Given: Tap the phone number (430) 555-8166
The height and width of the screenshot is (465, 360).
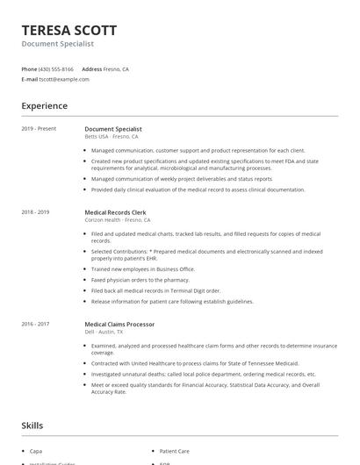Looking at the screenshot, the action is coord(57,68).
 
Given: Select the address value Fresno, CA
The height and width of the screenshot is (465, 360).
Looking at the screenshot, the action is coord(118,68).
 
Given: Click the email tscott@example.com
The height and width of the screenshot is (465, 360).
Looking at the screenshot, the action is coord(64,79).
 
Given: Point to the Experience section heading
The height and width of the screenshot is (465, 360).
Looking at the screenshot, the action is coord(44,106).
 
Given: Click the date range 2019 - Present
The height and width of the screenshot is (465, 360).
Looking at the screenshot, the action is coord(39,129).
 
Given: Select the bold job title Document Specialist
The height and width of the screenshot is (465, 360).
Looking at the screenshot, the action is coord(112,129).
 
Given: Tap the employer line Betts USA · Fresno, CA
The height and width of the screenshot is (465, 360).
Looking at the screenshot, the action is coord(114,136).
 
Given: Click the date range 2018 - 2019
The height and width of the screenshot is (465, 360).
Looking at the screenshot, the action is coord(35,211).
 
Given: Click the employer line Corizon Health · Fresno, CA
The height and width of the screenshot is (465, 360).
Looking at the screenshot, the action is coord(118,219).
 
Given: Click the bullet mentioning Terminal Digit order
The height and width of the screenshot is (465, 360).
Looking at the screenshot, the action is coord(155,290).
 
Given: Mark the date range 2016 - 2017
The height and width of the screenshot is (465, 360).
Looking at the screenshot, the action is coord(35,324).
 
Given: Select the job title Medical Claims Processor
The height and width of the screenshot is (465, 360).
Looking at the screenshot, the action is coord(119,324).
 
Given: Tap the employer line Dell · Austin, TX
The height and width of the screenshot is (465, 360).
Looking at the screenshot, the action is coord(104,332).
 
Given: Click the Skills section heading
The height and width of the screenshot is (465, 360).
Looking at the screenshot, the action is coord(32,426).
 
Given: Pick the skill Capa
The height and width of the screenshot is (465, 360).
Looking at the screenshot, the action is coord(35,451).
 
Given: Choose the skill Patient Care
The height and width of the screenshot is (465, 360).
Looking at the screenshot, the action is coord(172,451).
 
